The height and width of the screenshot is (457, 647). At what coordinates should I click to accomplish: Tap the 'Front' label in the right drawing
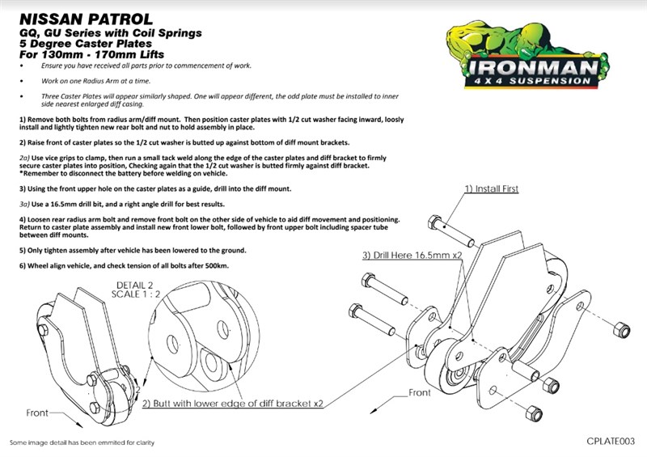(420, 392)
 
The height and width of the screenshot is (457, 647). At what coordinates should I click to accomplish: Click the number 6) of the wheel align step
(23, 266)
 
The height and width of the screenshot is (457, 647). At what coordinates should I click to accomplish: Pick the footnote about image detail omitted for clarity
(81, 443)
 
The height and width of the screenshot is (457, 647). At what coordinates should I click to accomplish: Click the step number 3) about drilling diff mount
(23, 188)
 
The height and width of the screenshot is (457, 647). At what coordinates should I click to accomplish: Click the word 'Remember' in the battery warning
(42, 174)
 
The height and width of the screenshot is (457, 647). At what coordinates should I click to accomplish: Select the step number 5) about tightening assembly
(23, 250)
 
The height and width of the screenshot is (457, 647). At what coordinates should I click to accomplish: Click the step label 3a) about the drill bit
(24, 205)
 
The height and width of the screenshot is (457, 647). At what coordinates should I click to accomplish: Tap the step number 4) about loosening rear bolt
(23, 220)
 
